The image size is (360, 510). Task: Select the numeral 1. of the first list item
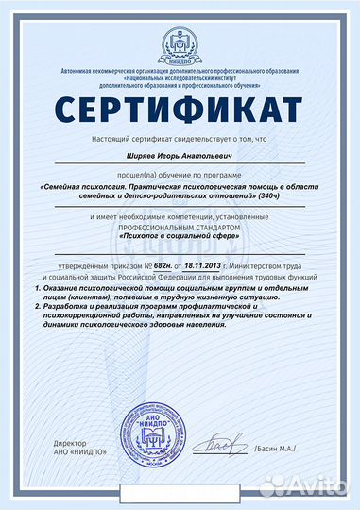(x=35, y=288)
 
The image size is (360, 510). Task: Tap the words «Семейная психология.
(x=80, y=186)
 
